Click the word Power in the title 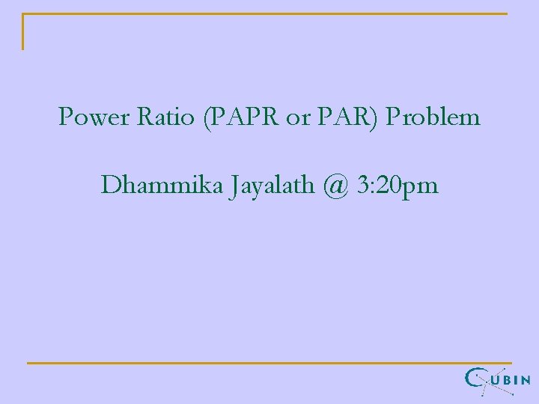[86, 117]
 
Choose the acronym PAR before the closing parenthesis [338, 117]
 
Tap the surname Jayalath [269, 186]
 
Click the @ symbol [337, 186]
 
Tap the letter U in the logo [496, 381]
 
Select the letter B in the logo [508, 381]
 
